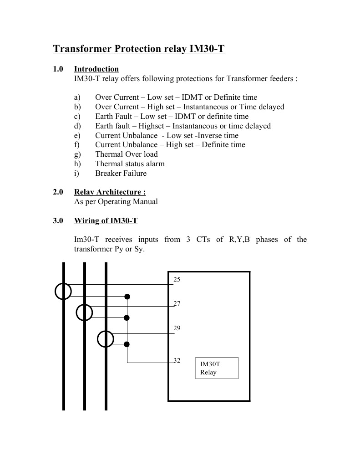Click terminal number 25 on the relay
[x=177, y=279]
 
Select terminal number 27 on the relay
[x=177, y=303]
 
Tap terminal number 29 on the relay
[x=177, y=328]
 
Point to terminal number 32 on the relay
[x=177, y=360]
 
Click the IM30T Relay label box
[x=217, y=368]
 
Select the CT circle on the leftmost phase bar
[x=63, y=291]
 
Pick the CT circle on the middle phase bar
[x=84, y=312]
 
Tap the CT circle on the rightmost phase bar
[x=106, y=339]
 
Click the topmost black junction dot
[x=127, y=297]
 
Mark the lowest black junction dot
[x=127, y=344]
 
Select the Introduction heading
[x=96, y=69]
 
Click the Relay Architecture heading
[x=110, y=192]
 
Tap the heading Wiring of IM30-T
[x=106, y=221]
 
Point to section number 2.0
[x=58, y=192]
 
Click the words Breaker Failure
[x=121, y=173]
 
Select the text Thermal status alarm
[x=130, y=164]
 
